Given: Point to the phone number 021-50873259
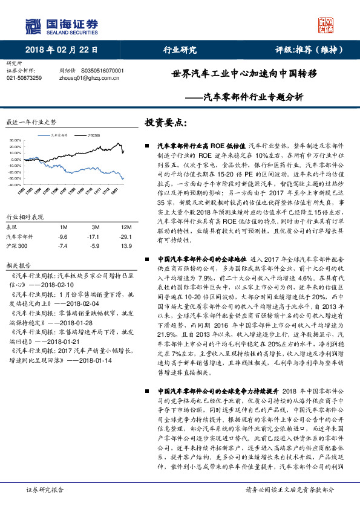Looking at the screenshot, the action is point(24,78).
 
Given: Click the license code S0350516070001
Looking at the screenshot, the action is point(102,71).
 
